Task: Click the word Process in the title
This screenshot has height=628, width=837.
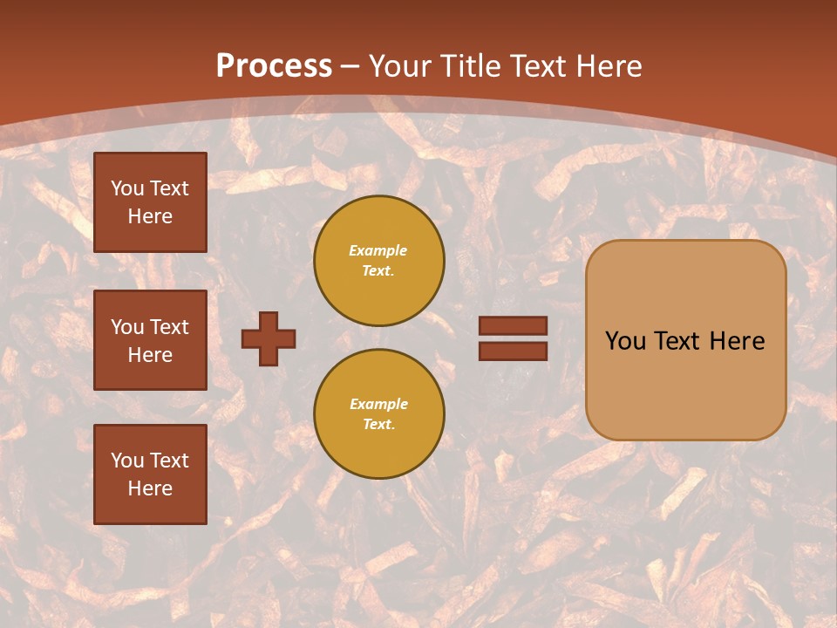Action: [274, 65]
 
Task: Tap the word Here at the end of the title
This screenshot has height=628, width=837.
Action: [607, 65]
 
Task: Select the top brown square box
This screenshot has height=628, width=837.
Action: [150, 202]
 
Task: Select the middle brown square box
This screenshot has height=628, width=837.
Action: [150, 340]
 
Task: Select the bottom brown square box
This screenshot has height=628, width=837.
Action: [150, 474]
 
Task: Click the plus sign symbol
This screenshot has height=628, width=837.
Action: [269, 338]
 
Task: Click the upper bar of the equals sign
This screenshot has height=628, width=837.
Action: [514, 326]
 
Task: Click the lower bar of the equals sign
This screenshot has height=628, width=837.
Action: [514, 351]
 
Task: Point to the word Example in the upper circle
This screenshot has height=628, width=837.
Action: [378, 250]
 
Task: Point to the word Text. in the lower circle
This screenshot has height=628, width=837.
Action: [378, 424]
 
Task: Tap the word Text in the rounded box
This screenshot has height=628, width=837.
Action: [677, 341]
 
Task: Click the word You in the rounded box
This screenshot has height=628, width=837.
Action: [625, 341]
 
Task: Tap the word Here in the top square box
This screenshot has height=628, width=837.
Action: [150, 216]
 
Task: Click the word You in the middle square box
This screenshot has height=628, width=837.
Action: [127, 327]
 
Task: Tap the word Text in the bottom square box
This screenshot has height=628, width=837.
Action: [169, 461]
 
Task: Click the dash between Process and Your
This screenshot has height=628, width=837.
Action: [350, 66]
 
